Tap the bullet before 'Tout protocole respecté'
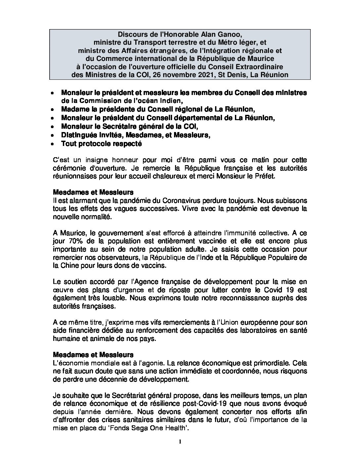coord(53,144)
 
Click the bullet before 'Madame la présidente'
coord(53,110)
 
